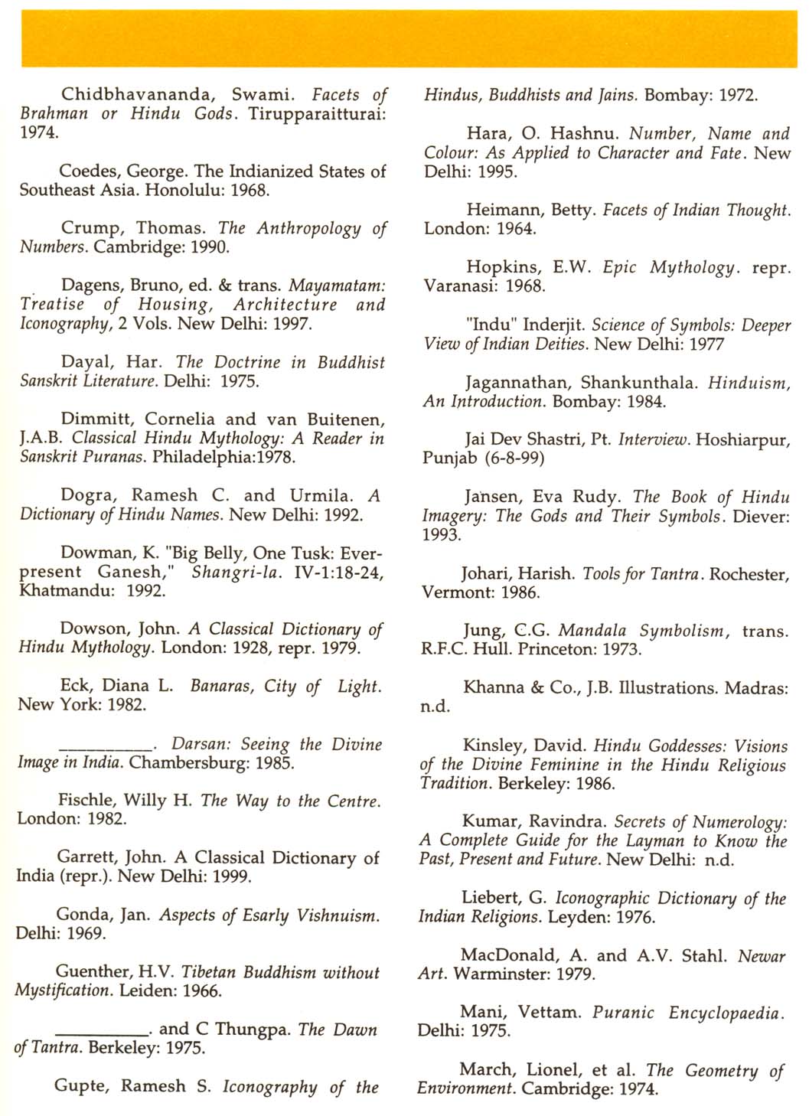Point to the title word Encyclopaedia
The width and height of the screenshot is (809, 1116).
[725, 1013]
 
